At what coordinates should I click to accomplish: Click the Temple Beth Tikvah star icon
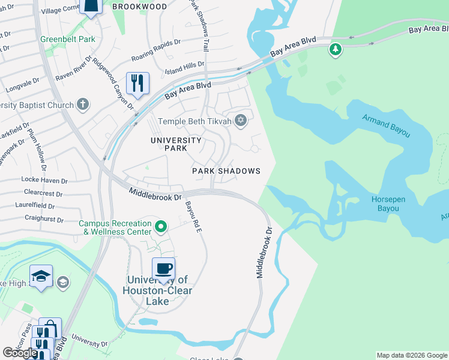(241, 121)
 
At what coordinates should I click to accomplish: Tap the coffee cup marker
(163, 268)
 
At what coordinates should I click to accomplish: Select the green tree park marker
(336, 49)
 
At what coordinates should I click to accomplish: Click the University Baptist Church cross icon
(83, 105)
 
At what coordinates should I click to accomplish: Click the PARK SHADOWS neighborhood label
(226, 171)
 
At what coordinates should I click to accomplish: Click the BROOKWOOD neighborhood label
(139, 7)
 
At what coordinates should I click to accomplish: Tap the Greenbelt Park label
(68, 40)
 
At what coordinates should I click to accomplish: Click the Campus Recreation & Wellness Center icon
(160, 227)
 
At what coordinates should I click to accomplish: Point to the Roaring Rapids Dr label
(156, 51)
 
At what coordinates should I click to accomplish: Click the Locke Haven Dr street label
(47, 179)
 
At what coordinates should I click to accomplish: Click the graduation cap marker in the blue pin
(41, 276)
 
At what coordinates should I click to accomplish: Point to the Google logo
(20, 353)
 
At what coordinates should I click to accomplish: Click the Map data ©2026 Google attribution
(412, 355)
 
